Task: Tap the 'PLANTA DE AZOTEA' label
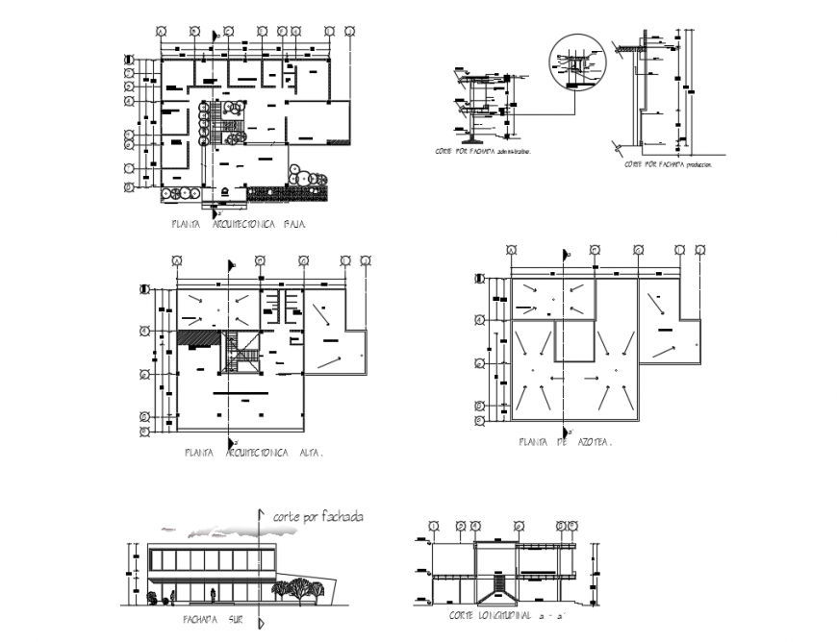(565, 443)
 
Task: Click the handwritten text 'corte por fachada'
(318, 517)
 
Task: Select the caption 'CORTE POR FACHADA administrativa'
(482, 152)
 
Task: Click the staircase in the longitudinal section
(500, 585)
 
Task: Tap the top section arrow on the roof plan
(564, 255)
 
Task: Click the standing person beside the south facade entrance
(153, 597)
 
